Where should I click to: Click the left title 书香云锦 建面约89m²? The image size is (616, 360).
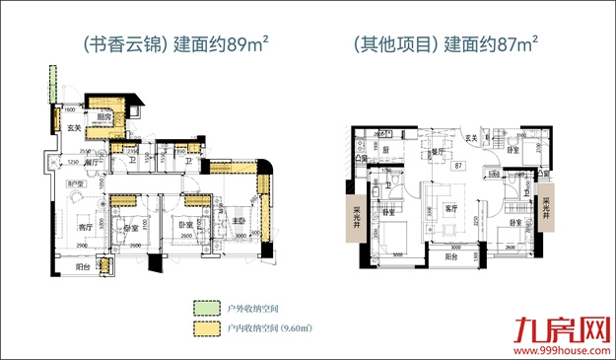[x=166, y=43]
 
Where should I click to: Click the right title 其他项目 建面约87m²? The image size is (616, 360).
[x=445, y=43]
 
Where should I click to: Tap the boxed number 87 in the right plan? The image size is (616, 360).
[x=458, y=167]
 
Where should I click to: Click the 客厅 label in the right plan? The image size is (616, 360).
[x=450, y=208]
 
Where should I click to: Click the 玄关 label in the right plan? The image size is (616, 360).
[x=471, y=138]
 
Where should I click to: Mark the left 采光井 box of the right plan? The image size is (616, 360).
[x=350, y=209]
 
